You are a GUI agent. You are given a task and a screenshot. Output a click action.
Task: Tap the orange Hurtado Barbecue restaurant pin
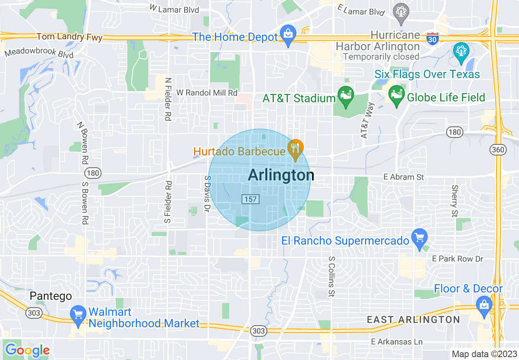(x=295, y=148)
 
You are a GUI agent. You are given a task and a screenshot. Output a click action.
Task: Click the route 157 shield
(x=251, y=199)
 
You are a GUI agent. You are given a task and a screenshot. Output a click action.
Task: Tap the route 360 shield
(x=498, y=150)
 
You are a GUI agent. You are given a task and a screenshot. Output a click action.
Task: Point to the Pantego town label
(x=51, y=296)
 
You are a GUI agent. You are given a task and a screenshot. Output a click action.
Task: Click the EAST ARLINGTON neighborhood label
(x=413, y=319)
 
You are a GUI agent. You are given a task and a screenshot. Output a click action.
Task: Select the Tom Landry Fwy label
(x=70, y=37)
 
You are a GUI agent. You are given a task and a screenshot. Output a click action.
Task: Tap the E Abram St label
(x=404, y=177)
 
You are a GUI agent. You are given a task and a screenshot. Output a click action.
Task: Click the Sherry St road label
(x=454, y=200)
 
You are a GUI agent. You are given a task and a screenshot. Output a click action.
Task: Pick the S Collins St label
(x=332, y=277)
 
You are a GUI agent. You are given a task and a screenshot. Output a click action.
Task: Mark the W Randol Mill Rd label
(x=207, y=93)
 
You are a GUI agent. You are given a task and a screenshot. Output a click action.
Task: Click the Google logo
(x=27, y=350)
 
